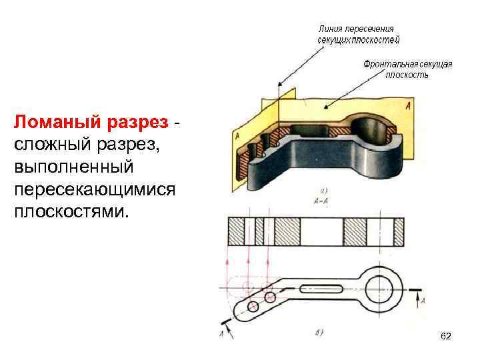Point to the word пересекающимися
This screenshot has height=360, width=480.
click(x=94, y=189)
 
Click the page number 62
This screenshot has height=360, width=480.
click(x=446, y=337)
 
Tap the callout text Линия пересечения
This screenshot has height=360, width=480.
click(x=356, y=29)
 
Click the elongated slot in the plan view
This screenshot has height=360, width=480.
click(x=323, y=290)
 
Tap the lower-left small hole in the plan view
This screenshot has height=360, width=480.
click(x=253, y=306)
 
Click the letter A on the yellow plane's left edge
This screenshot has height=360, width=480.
click(x=237, y=137)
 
